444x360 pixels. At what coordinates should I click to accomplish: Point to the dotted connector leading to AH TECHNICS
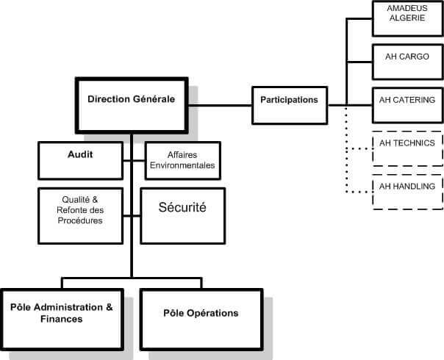359,148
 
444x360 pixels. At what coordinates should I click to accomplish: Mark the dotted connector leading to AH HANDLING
359,192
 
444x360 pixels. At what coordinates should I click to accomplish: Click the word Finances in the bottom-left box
62,320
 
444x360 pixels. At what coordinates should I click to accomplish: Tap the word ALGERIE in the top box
407,18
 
